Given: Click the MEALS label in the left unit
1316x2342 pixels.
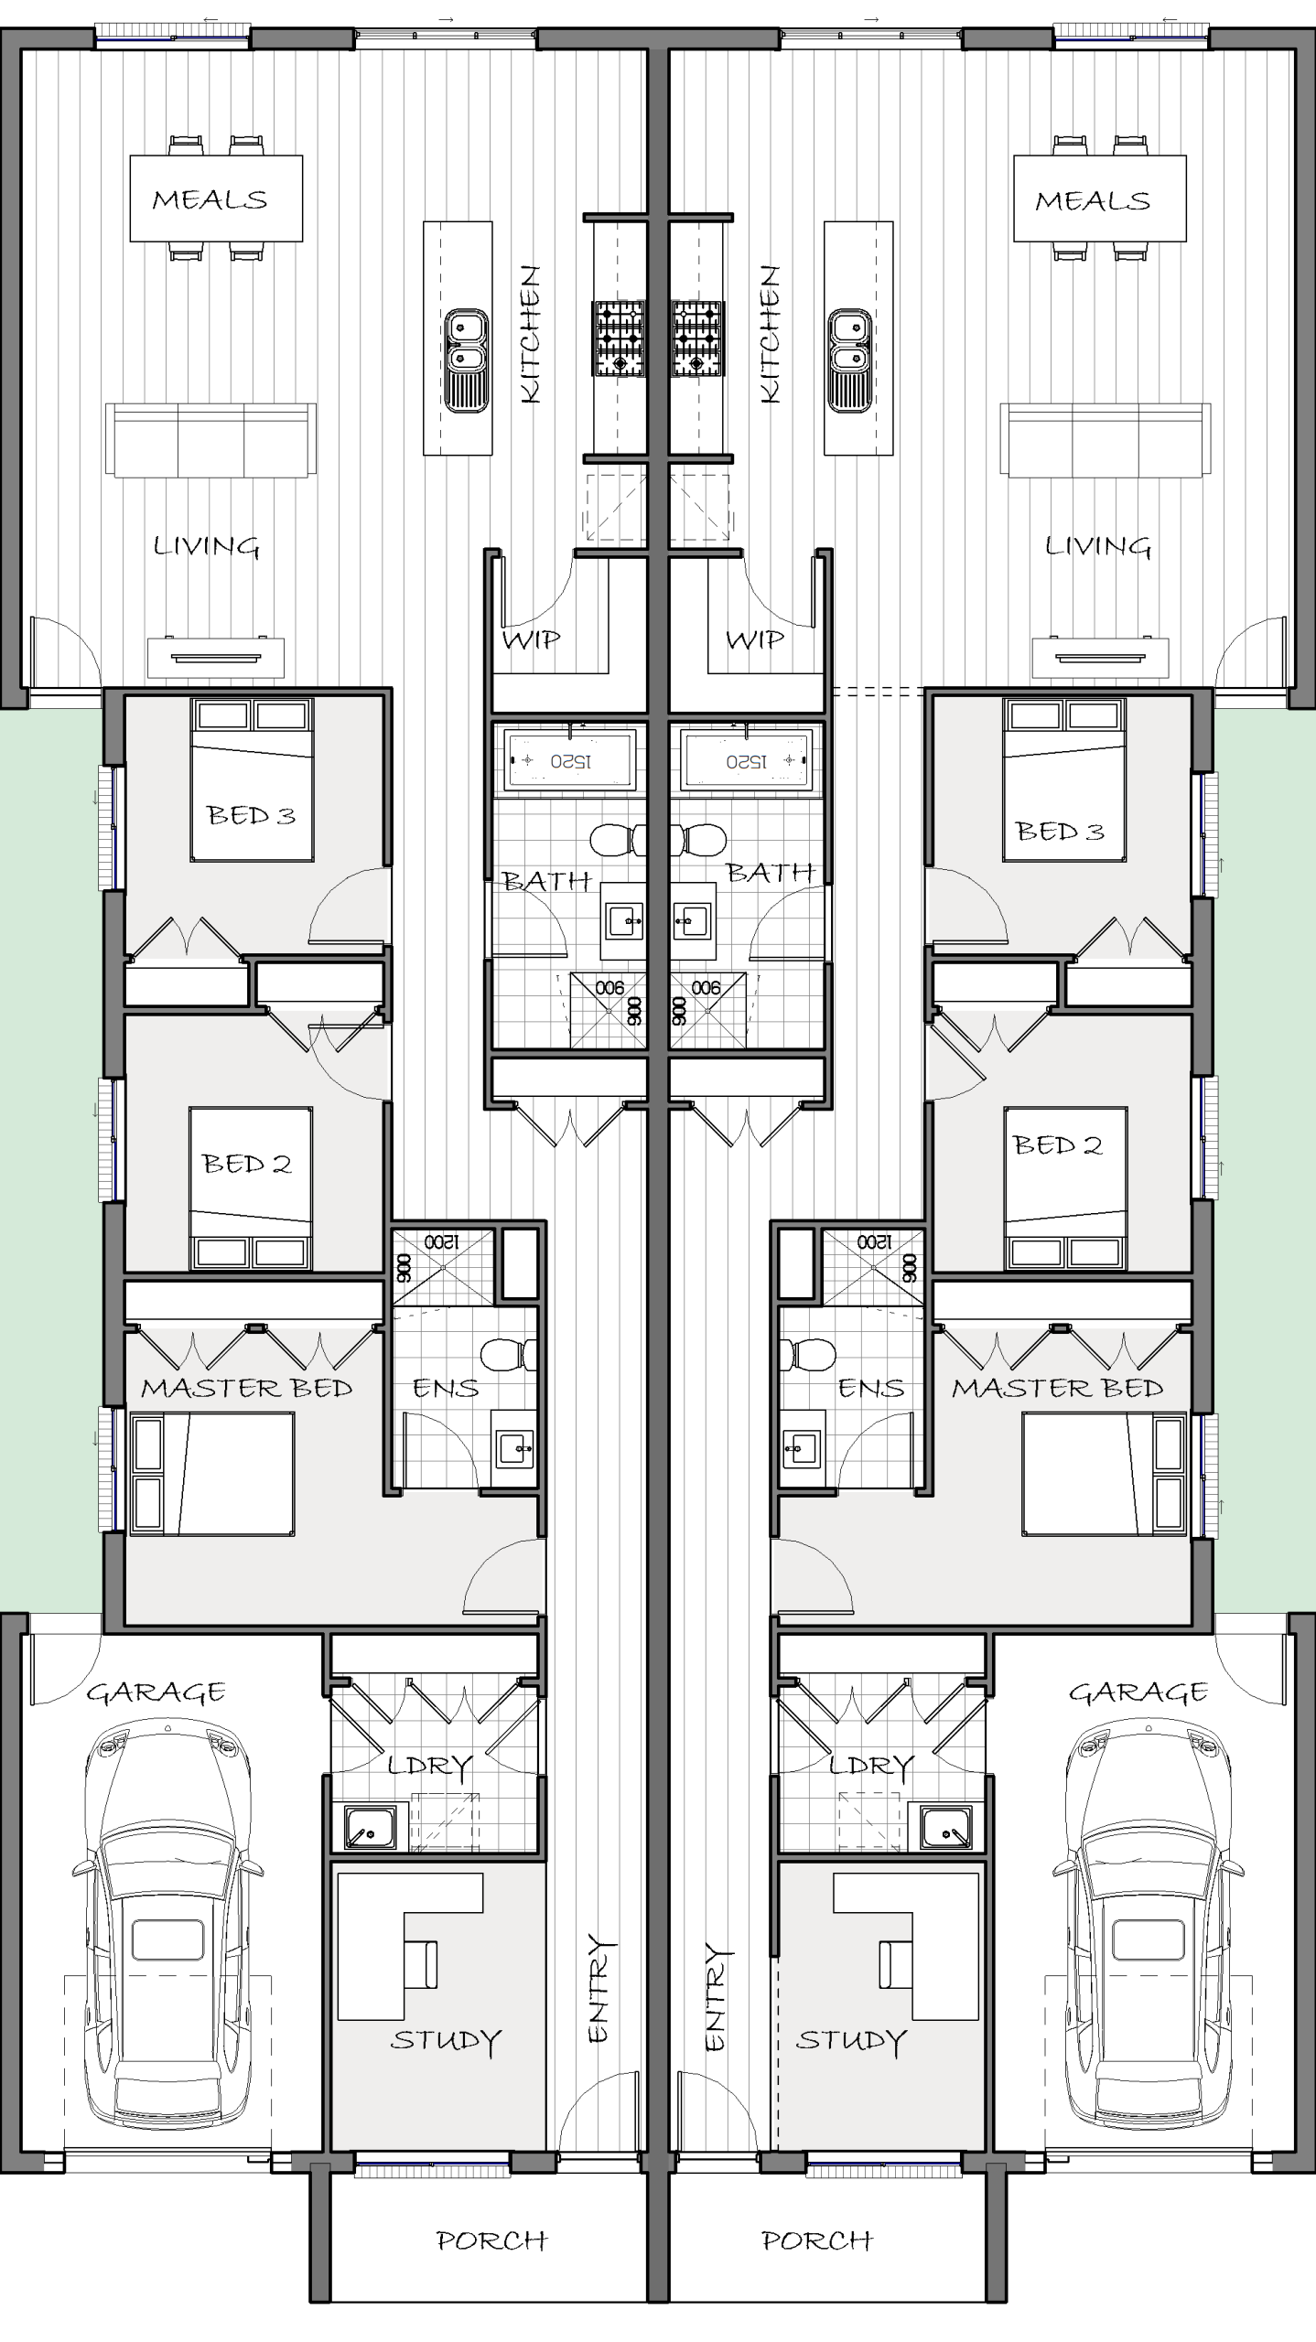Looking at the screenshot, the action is (x=210, y=199).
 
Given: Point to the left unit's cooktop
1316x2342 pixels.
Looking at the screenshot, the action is (x=620, y=338).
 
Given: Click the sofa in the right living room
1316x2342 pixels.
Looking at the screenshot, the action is (x=1106, y=439).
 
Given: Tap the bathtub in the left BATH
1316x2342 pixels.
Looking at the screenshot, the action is (x=569, y=761).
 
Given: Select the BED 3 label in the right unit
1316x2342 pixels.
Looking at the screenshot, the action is (x=1060, y=831).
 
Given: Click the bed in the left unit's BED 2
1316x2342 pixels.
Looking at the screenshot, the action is (x=251, y=1188).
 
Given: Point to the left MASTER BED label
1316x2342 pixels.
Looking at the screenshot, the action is (x=246, y=1388).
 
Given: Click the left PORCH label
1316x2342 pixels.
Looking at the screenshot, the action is (x=491, y=2240).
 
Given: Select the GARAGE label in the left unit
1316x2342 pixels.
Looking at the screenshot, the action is (x=156, y=1692).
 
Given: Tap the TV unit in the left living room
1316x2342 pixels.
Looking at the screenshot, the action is (x=216, y=657).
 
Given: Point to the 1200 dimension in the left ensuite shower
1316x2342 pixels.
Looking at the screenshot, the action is (x=441, y=1241).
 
